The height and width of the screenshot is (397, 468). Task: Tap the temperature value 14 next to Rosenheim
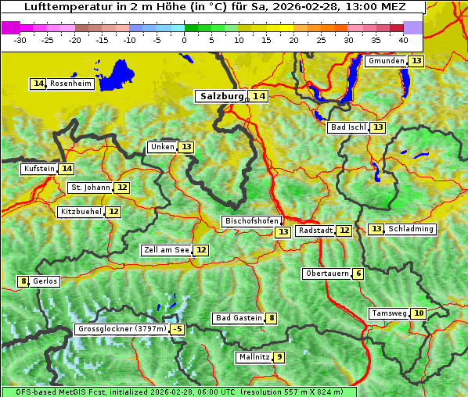point(38,84)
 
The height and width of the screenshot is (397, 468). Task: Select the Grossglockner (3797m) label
point(122,329)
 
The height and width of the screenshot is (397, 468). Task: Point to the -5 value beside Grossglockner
point(178,329)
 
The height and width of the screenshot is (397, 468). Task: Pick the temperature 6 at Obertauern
point(358,274)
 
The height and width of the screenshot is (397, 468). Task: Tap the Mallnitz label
point(254,357)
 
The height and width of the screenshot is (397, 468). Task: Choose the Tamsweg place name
point(388,313)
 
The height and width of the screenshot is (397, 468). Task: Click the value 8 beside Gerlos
point(23,281)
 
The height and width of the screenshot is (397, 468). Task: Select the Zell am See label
point(167,250)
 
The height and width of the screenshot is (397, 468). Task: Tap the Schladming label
point(411,229)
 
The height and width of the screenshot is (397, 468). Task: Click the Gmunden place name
point(386,61)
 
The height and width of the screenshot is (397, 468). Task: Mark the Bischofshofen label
point(251,221)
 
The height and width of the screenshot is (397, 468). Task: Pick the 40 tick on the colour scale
point(403,39)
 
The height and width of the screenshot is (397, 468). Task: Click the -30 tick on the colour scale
point(20,39)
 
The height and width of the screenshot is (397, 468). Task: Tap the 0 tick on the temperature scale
point(184,39)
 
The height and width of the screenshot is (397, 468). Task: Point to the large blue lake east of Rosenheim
point(117,74)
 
